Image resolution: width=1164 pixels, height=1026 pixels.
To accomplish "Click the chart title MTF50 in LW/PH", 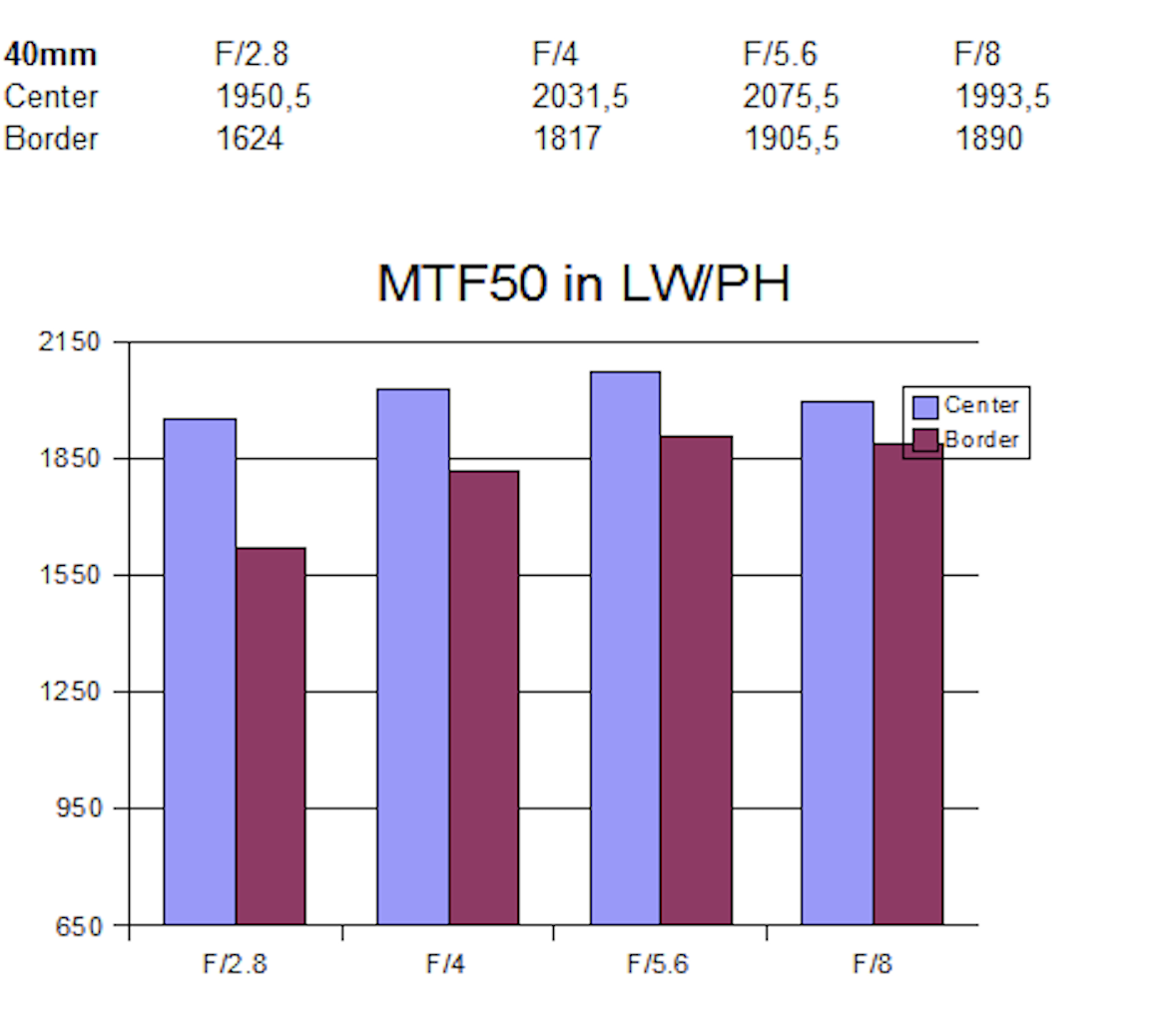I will (x=583, y=283).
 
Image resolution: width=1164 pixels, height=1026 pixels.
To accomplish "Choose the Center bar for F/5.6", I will (x=625, y=648).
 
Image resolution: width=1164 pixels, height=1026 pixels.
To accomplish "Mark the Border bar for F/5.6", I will (x=696, y=680).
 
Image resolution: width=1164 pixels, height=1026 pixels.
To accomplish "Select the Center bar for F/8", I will (x=838, y=663).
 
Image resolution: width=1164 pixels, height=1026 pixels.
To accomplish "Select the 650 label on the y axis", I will (x=80, y=926).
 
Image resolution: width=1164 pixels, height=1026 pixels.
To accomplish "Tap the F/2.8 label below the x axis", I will (x=236, y=964).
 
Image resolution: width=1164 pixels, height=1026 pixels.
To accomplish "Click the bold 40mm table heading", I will (x=51, y=54).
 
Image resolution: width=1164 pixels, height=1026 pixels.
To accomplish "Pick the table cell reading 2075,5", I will (x=791, y=97).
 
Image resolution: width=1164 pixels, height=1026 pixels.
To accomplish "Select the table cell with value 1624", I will (x=250, y=139).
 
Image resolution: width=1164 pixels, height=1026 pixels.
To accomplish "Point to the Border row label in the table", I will (x=52, y=139).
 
